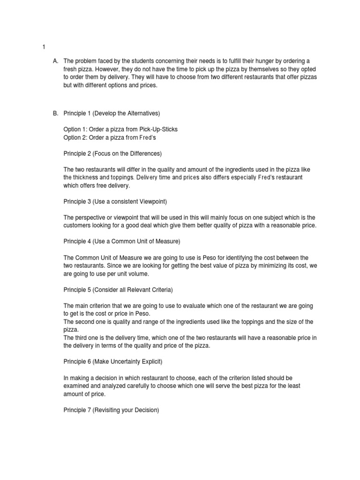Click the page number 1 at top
point(44,47)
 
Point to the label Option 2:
point(75,137)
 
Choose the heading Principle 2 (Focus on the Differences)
point(112,153)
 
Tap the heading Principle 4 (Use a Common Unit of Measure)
point(122,241)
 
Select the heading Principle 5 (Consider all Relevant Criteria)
point(121,289)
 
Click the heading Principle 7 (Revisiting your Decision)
point(112,409)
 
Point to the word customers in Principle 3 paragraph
point(78,225)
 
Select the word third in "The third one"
point(82,338)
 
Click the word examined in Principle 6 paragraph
point(78,385)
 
